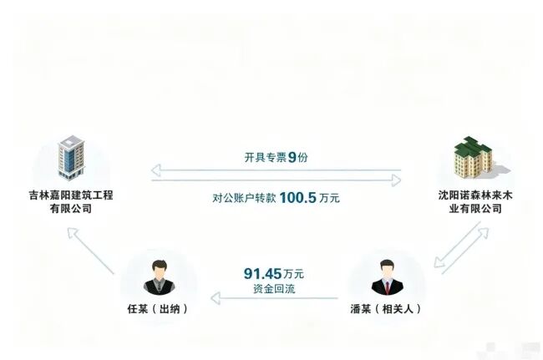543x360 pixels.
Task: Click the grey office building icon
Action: (71, 158)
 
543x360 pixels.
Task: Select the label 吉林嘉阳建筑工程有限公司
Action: (71, 202)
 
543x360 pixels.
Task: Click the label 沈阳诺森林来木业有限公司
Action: (475, 202)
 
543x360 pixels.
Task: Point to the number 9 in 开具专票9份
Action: (292, 158)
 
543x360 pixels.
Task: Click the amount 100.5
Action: (298, 198)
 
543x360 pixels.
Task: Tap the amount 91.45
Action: (262, 274)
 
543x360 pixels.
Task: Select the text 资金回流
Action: (274, 289)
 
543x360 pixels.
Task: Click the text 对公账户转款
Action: (244, 198)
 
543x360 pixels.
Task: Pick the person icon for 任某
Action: (160, 277)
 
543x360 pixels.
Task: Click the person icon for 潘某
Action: (387, 277)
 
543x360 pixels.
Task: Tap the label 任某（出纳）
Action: (158, 308)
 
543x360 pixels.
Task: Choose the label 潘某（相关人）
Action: (386, 308)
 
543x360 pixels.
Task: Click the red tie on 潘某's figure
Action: (388, 286)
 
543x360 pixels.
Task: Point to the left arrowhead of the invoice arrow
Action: (156, 170)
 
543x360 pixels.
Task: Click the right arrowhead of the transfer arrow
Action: (397, 180)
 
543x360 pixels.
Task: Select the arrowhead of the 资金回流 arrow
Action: (216, 298)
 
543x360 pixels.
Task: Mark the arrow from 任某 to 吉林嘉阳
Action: (90, 251)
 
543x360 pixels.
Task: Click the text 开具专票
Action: (266, 158)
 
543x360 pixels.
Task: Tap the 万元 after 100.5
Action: (329, 198)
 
